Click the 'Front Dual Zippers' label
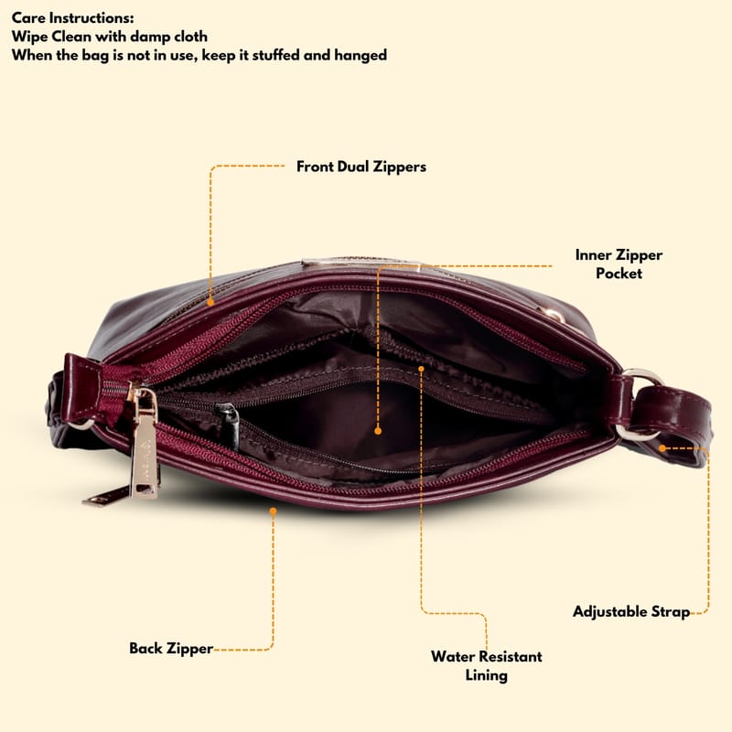pos(361,167)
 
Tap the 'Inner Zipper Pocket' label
pos(619,264)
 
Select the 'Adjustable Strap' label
pos(631,611)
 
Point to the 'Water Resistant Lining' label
pos(487,666)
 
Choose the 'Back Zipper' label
pos(171,649)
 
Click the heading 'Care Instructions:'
pos(73,18)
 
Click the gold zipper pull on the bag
pos(144,445)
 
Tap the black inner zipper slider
pos(229,419)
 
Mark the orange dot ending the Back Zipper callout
pos(273,511)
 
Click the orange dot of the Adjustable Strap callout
pos(662,448)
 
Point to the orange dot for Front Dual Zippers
pos(210,302)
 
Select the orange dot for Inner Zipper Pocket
pos(378,431)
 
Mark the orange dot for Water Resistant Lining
pos(421,369)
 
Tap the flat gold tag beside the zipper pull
pos(106,496)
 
